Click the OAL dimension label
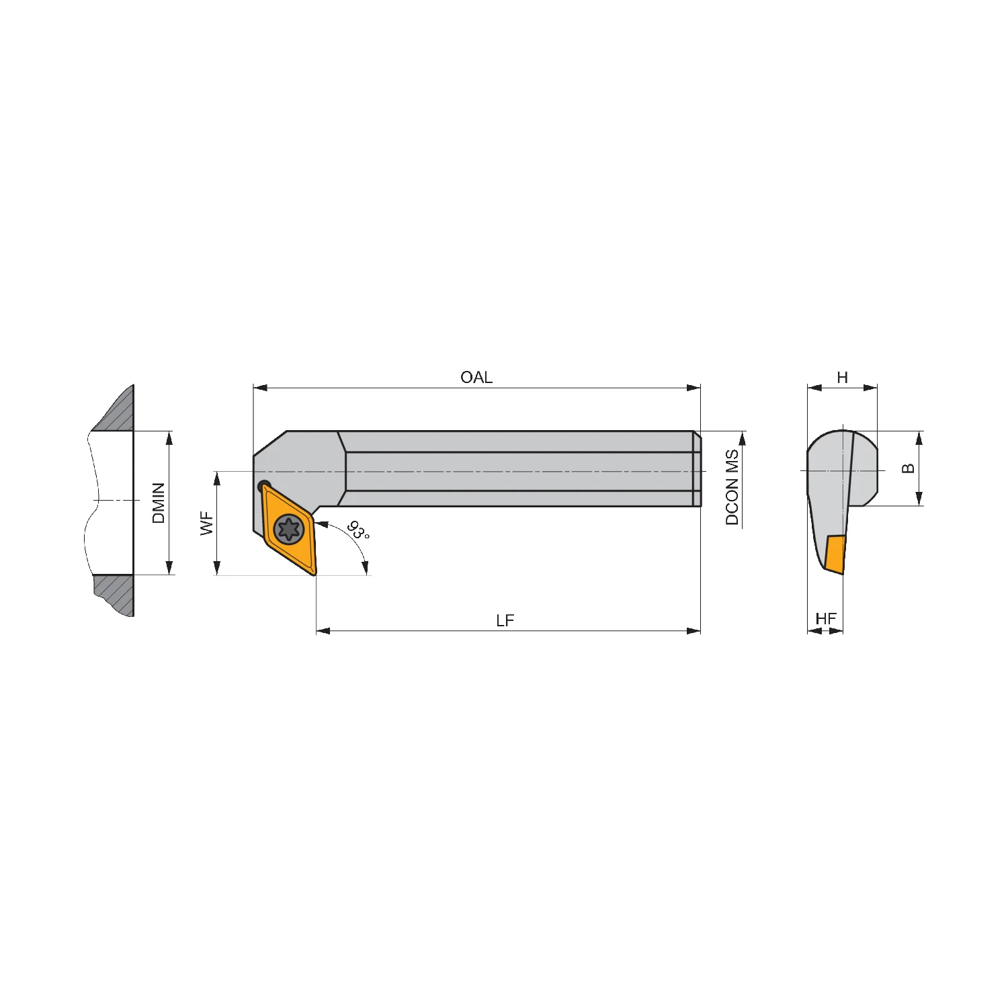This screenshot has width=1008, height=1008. coord(476,378)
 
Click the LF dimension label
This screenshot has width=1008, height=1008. coord(505,621)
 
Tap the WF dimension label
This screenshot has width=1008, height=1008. coord(207,523)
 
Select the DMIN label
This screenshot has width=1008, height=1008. coord(159,503)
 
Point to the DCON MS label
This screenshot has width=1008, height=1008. coord(732,487)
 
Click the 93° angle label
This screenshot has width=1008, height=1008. coord(358,530)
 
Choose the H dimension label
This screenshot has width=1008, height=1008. coord(843,378)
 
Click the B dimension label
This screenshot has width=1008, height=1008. coord(909,468)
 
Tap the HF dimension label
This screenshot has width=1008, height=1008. coord(826,619)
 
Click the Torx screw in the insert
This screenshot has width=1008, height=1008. coord(290,530)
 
